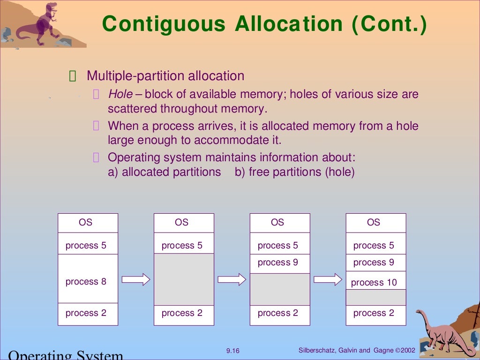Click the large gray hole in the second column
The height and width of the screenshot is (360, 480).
[x=184, y=279]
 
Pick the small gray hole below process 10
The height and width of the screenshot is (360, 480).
[x=375, y=297]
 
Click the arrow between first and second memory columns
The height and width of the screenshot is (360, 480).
[x=136, y=280]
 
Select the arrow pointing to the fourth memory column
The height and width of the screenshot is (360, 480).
[x=328, y=280]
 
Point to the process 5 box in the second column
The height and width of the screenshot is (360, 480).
[x=184, y=245]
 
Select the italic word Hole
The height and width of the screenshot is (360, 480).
[x=120, y=94]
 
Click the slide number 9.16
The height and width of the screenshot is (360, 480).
[x=232, y=351]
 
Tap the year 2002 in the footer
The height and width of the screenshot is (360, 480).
[x=407, y=350]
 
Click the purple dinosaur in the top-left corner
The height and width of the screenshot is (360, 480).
[x=40, y=23]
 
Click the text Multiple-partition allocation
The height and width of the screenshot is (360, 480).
[x=165, y=76]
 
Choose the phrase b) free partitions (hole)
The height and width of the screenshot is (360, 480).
[x=294, y=172]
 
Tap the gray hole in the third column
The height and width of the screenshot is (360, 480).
[x=279, y=289]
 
